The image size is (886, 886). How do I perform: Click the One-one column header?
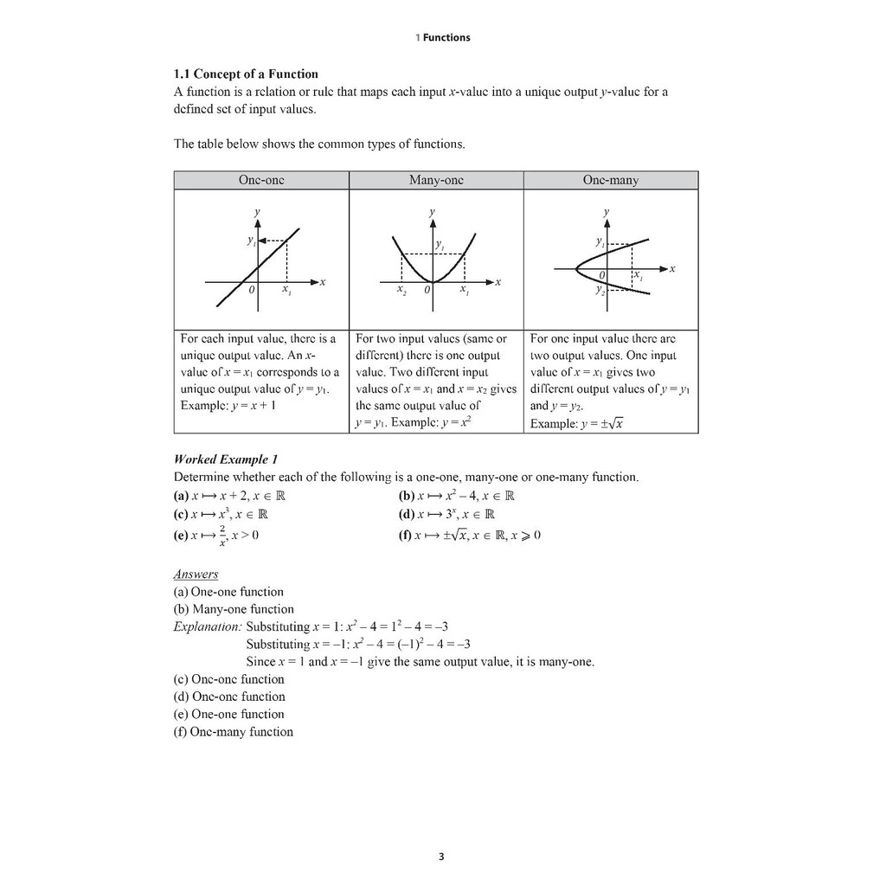(x=261, y=180)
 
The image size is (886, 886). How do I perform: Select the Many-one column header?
(x=436, y=180)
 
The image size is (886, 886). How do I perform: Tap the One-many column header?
(x=611, y=180)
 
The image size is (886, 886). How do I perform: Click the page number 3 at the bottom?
(x=441, y=857)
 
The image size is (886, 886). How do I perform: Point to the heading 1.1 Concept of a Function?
(x=246, y=74)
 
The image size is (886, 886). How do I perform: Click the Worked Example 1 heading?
(x=226, y=459)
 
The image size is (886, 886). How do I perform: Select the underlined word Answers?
(x=196, y=574)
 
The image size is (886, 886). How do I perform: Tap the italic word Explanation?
(x=208, y=626)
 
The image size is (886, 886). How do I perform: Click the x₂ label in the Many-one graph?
(x=401, y=291)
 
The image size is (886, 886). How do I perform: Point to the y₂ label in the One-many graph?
(x=599, y=292)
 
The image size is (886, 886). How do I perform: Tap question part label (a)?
(x=181, y=497)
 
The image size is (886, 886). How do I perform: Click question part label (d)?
(x=406, y=514)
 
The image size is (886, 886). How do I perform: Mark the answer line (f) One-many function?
(x=234, y=732)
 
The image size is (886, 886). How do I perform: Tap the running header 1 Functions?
(x=443, y=37)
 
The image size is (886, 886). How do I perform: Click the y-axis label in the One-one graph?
(x=256, y=212)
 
